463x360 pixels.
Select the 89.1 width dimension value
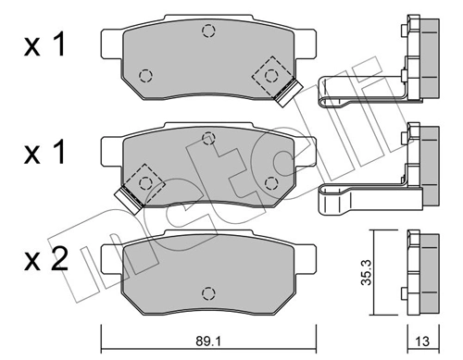206,339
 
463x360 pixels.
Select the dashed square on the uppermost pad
273,73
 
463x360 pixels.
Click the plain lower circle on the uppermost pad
144,74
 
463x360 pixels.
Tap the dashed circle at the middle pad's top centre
206,138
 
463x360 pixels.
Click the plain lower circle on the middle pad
269,180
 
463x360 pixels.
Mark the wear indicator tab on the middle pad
122,194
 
